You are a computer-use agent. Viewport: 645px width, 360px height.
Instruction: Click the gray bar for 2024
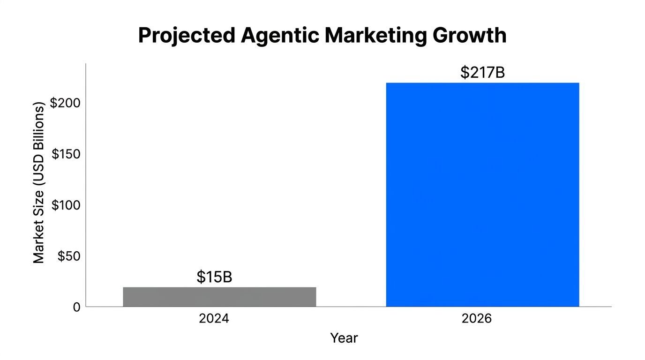click(x=219, y=297)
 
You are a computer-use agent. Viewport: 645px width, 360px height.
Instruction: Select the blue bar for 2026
click(x=482, y=195)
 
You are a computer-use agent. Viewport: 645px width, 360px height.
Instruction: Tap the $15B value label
click(x=214, y=277)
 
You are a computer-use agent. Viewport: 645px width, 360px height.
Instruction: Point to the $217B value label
click(x=482, y=73)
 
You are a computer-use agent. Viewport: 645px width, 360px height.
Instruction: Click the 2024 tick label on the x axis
click(x=214, y=319)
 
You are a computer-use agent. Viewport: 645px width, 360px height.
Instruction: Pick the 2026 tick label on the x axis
click(x=477, y=319)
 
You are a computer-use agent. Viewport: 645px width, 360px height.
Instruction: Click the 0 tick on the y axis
click(x=76, y=307)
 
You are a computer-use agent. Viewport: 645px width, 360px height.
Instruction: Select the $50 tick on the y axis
click(x=69, y=256)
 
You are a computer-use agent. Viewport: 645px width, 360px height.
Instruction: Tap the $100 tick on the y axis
click(x=66, y=205)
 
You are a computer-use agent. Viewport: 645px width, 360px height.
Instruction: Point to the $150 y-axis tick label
click(x=66, y=154)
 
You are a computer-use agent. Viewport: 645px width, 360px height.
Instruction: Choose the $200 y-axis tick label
click(x=66, y=103)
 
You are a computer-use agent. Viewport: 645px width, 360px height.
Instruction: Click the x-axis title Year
click(x=344, y=338)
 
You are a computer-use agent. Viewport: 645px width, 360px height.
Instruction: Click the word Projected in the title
click(x=187, y=36)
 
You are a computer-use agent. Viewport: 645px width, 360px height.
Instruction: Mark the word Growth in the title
click(x=470, y=36)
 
